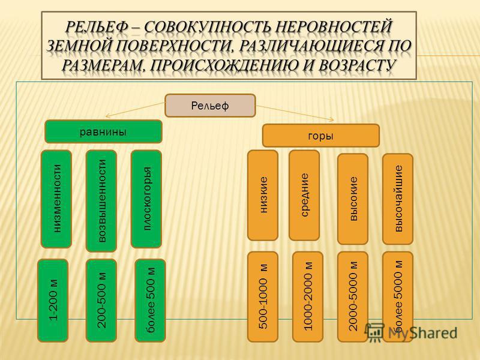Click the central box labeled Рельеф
coord(210,106)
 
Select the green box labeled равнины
coord(103,131)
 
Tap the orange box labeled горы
coord(321,136)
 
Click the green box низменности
coord(56,199)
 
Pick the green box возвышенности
coord(101,201)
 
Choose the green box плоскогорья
coord(146,199)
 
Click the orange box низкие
coord(263,196)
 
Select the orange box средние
coord(304,196)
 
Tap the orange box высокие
coord(353,199)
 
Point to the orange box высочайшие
coord(398,199)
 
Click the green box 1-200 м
coord(53,301)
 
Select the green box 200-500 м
coord(101,301)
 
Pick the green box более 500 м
coord(150,301)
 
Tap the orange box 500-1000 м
coord(263,297)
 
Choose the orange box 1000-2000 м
coord(308,297)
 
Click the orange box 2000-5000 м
coord(353,297)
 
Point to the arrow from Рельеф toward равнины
coord(135,110)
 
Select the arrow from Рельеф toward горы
coord(295,113)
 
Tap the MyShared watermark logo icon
coord(374,332)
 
